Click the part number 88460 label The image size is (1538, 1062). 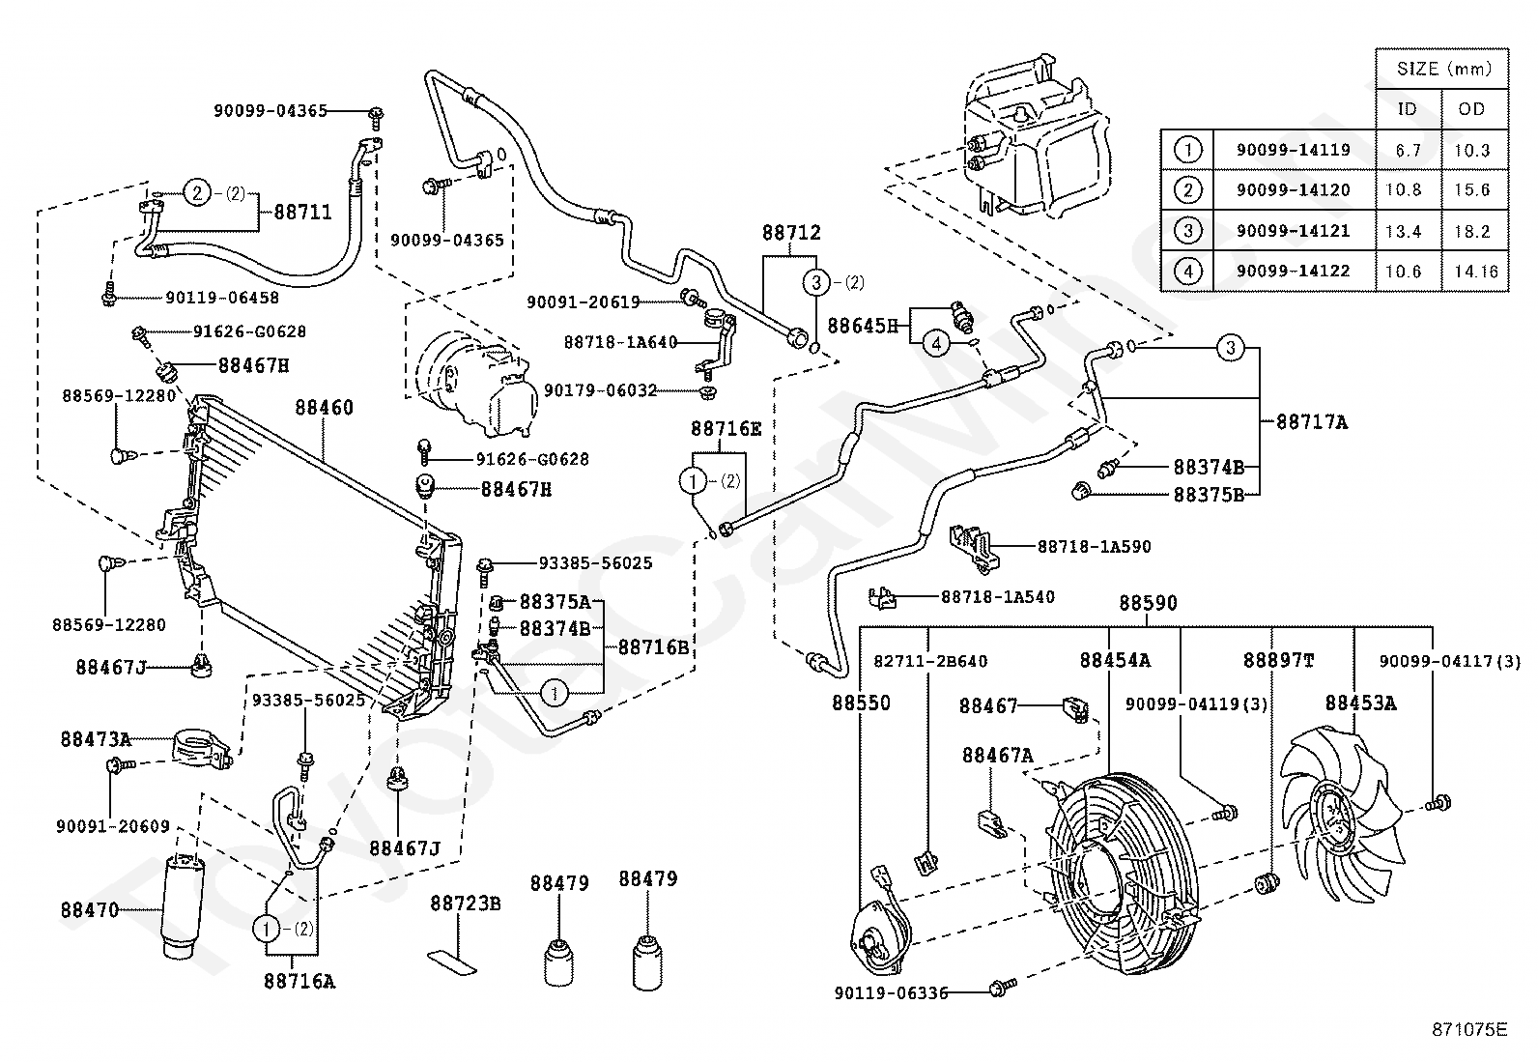click(x=325, y=408)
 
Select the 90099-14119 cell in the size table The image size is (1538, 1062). click(x=1293, y=150)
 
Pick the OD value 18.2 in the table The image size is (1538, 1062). click(x=1471, y=231)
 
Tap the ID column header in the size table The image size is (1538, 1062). click(x=1408, y=109)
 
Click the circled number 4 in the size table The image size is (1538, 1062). click(x=1187, y=272)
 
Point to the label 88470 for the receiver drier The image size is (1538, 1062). click(x=90, y=910)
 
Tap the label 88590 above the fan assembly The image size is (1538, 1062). click(x=1149, y=603)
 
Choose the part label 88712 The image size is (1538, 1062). click(x=791, y=233)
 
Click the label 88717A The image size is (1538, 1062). click(x=1312, y=422)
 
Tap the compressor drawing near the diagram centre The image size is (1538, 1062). click(x=473, y=382)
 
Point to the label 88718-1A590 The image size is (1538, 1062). click(x=1095, y=546)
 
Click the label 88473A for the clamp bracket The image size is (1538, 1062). click(x=96, y=739)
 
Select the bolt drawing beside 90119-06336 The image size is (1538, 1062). click(x=1000, y=989)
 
